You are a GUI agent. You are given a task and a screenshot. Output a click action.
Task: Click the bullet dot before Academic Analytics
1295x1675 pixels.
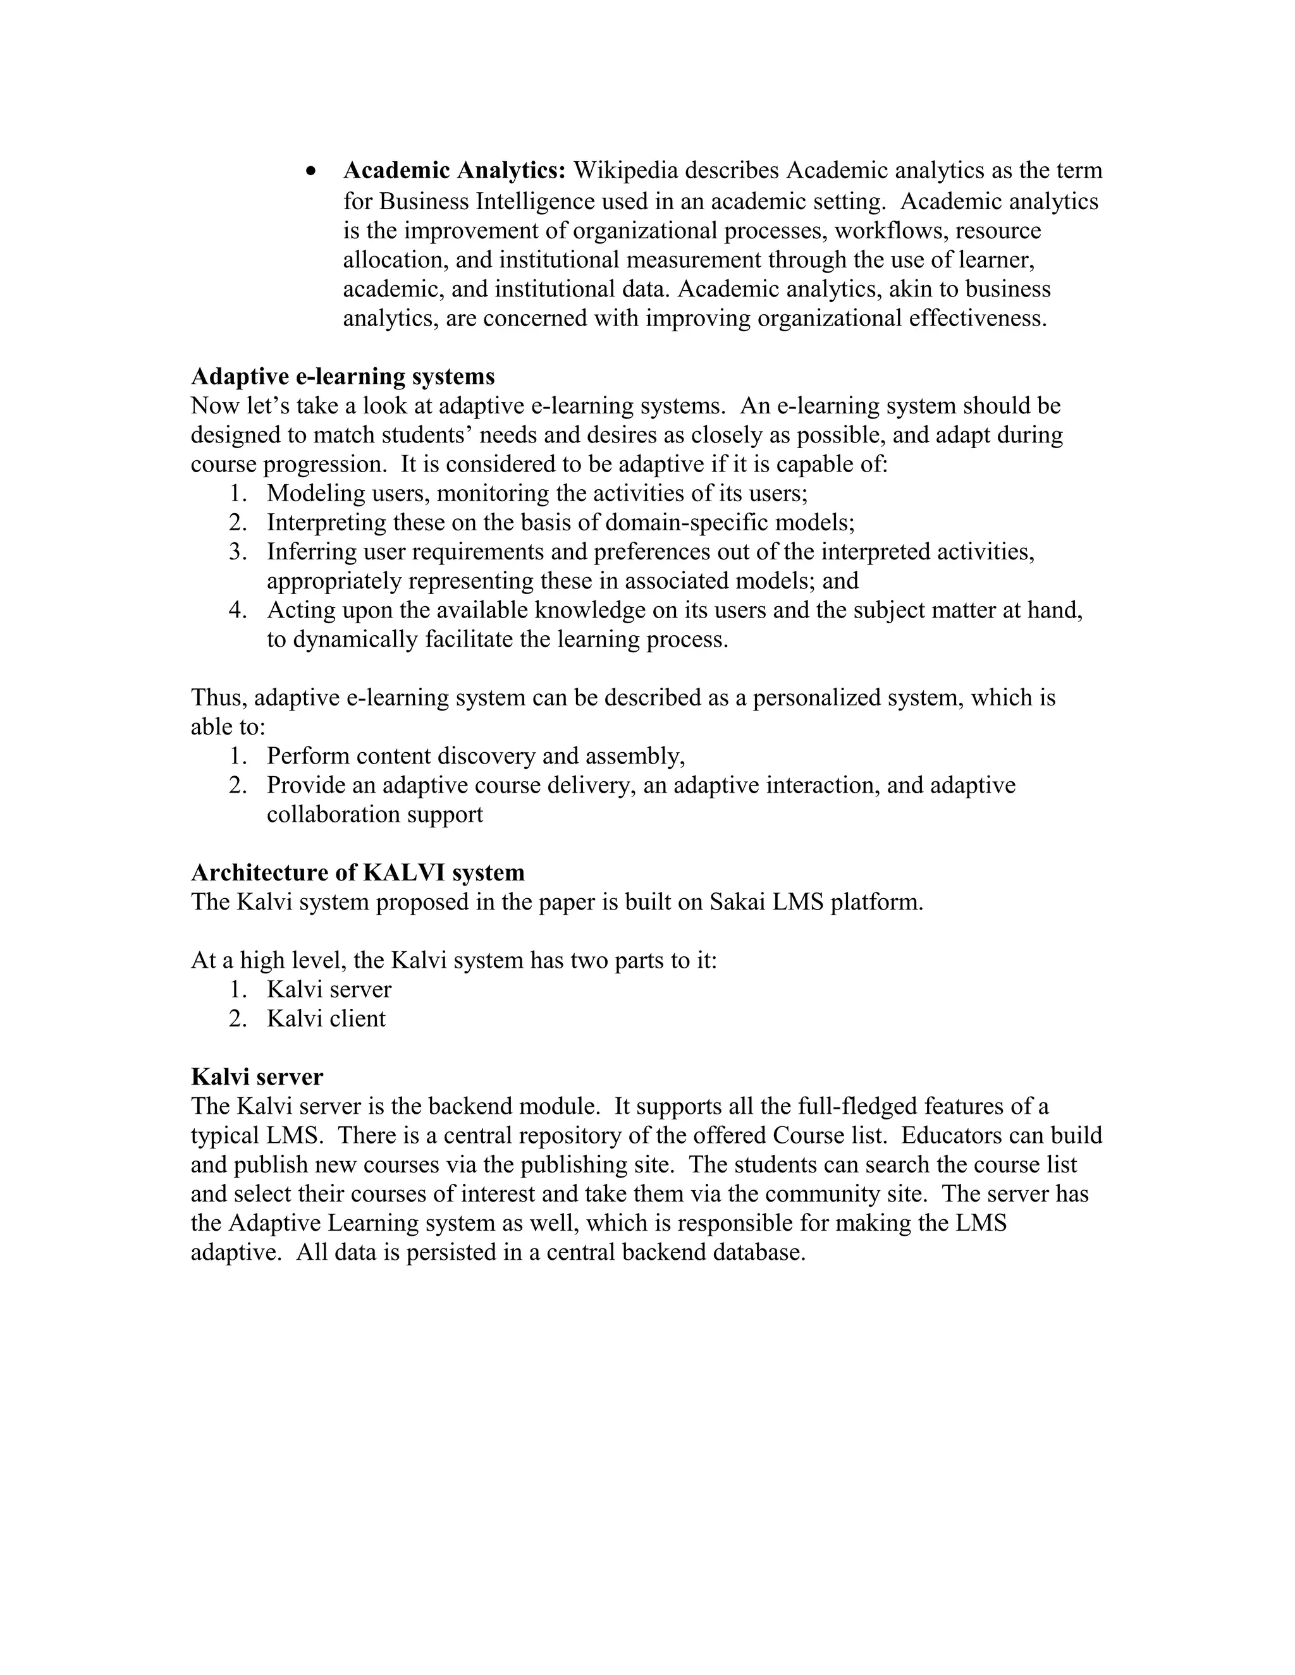tap(310, 172)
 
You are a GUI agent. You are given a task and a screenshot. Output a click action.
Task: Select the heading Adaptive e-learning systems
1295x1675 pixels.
tap(342, 377)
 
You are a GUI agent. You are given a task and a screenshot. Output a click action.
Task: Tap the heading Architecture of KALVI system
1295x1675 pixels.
tap(357, 872)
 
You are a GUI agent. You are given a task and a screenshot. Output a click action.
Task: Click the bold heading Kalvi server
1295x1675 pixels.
tap(257, 1077)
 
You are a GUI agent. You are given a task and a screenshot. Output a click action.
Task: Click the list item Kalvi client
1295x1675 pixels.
tap(326, 1018)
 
